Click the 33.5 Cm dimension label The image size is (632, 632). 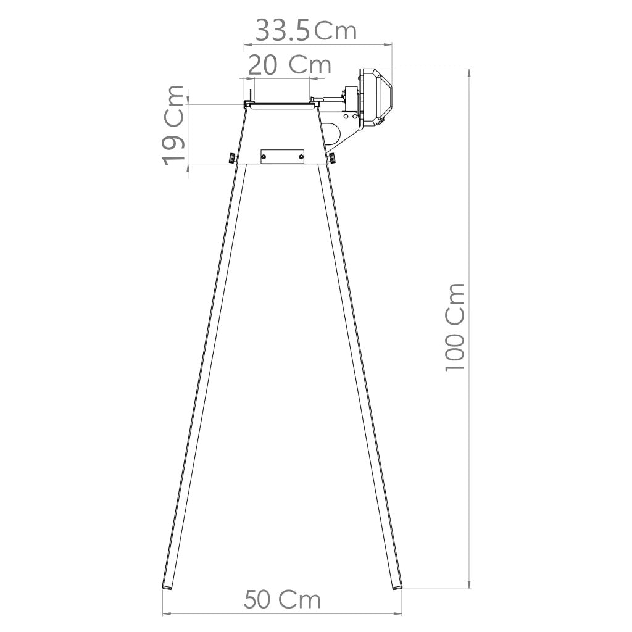click(x=306, y=30)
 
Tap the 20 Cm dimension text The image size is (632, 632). click(x=290, y=65)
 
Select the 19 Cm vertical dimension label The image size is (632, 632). click(x=173, y=125)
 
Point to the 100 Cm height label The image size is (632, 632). click(x=455, y=327)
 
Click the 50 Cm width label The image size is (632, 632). click(x=282, y=600)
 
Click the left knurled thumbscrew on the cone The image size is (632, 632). click(x=232, y=157)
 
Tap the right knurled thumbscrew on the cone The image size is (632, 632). click(x=332, y=157)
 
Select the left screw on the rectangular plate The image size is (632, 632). click(x=264, y=156)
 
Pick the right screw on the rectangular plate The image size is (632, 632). click(x=301, y=156)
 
